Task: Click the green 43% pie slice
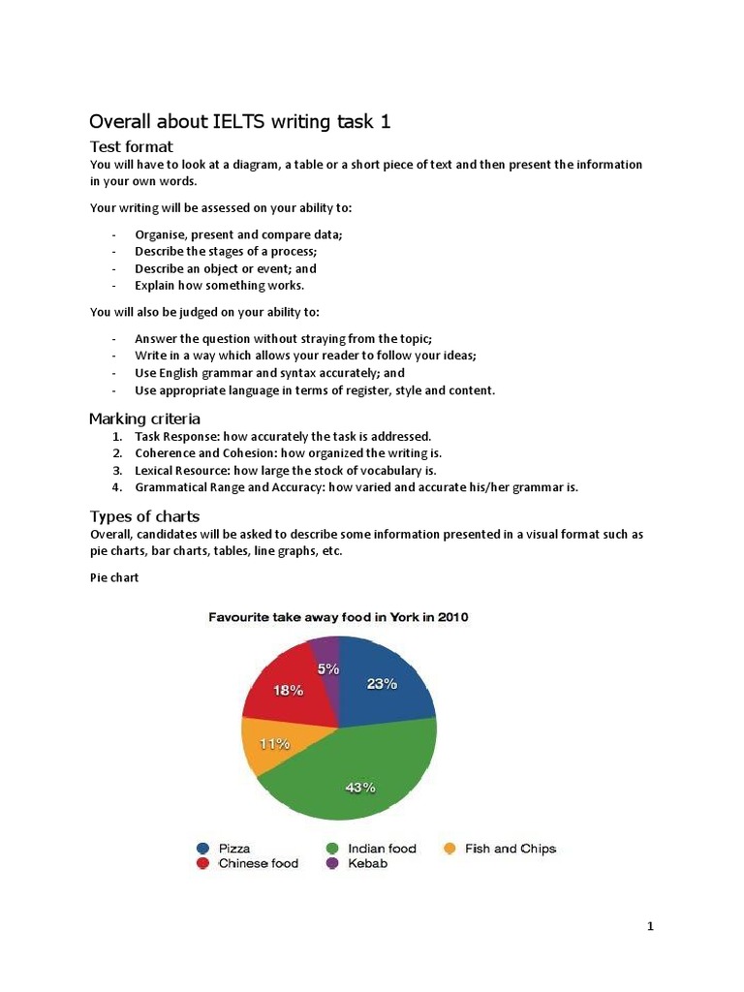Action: (x=358, y=775)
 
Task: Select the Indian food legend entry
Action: (x=372, y=849)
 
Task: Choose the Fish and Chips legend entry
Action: (x=500, y=849)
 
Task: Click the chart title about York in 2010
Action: (x=339, y=617)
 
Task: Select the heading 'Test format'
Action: (x=131, y=146)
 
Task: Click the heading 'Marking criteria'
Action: (x=144, y=418)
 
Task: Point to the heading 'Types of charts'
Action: (x=144, y=515)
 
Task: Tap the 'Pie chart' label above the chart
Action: (x=114, y=577)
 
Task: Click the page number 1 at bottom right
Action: (x=651, y=927)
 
